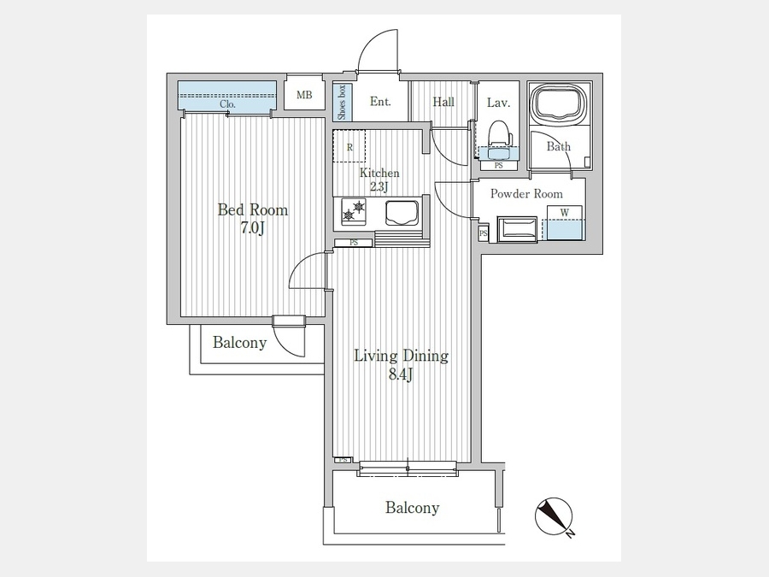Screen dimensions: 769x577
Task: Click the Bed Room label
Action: [253, 210]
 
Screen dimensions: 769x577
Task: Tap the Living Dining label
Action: [402, 356]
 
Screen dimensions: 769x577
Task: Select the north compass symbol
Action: [555, 517]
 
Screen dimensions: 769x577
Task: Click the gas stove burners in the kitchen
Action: [354, 211]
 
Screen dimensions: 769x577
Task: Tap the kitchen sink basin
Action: [402, 213]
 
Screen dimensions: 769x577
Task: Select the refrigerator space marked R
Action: [349, 146]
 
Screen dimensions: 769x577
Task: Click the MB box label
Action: [304, 95]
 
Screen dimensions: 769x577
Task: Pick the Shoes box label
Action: [341, 102]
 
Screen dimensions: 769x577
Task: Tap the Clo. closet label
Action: [227, 104]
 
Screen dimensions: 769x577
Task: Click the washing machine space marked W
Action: [565, 213]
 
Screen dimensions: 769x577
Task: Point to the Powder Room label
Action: [526, 193]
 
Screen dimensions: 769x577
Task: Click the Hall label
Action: [443, 102]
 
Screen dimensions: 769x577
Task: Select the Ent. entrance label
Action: [380, 102]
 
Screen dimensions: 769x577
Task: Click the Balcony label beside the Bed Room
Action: [239, 342]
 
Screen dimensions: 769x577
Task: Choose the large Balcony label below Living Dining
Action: [412, 507]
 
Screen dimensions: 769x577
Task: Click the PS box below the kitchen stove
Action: [354, 243]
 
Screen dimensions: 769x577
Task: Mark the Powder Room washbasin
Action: [518, 228]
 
